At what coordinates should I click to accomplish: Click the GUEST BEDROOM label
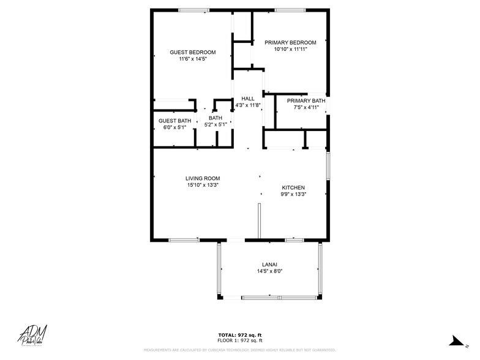193,52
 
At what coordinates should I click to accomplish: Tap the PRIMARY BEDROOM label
290,42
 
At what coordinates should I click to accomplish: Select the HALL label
248,99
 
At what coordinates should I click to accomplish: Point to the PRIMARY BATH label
306,100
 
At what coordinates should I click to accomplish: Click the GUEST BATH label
174,121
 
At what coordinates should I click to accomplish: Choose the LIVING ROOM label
203,178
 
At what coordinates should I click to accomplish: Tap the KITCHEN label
293,187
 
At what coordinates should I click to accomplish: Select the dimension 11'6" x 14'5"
193,59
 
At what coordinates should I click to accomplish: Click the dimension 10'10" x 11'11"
290,49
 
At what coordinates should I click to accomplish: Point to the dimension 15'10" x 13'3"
203,185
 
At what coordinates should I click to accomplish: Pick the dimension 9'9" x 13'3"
293,194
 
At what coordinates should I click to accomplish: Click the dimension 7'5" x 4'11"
306,107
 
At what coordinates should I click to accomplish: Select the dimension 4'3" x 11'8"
248,105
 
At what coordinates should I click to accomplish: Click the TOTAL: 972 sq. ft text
240,334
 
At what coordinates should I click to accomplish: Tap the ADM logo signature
33,334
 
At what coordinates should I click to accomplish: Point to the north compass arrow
456,340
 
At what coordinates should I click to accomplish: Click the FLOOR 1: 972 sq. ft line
240,340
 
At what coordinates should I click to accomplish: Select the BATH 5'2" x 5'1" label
216,121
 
